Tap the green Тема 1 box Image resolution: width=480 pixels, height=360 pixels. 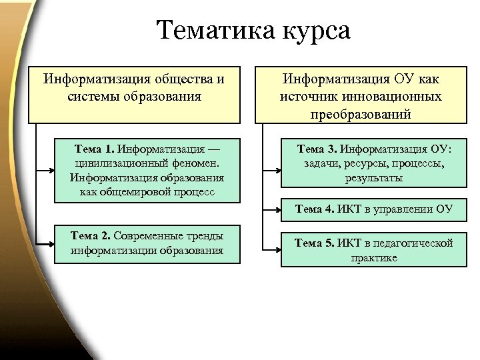pyautogui.click(x=147, y=169)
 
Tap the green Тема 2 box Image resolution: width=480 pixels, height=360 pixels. pyautogui.click(x=147, y=243)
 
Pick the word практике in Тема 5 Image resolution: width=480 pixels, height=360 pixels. pyautogui.click(x=374, y=257)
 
